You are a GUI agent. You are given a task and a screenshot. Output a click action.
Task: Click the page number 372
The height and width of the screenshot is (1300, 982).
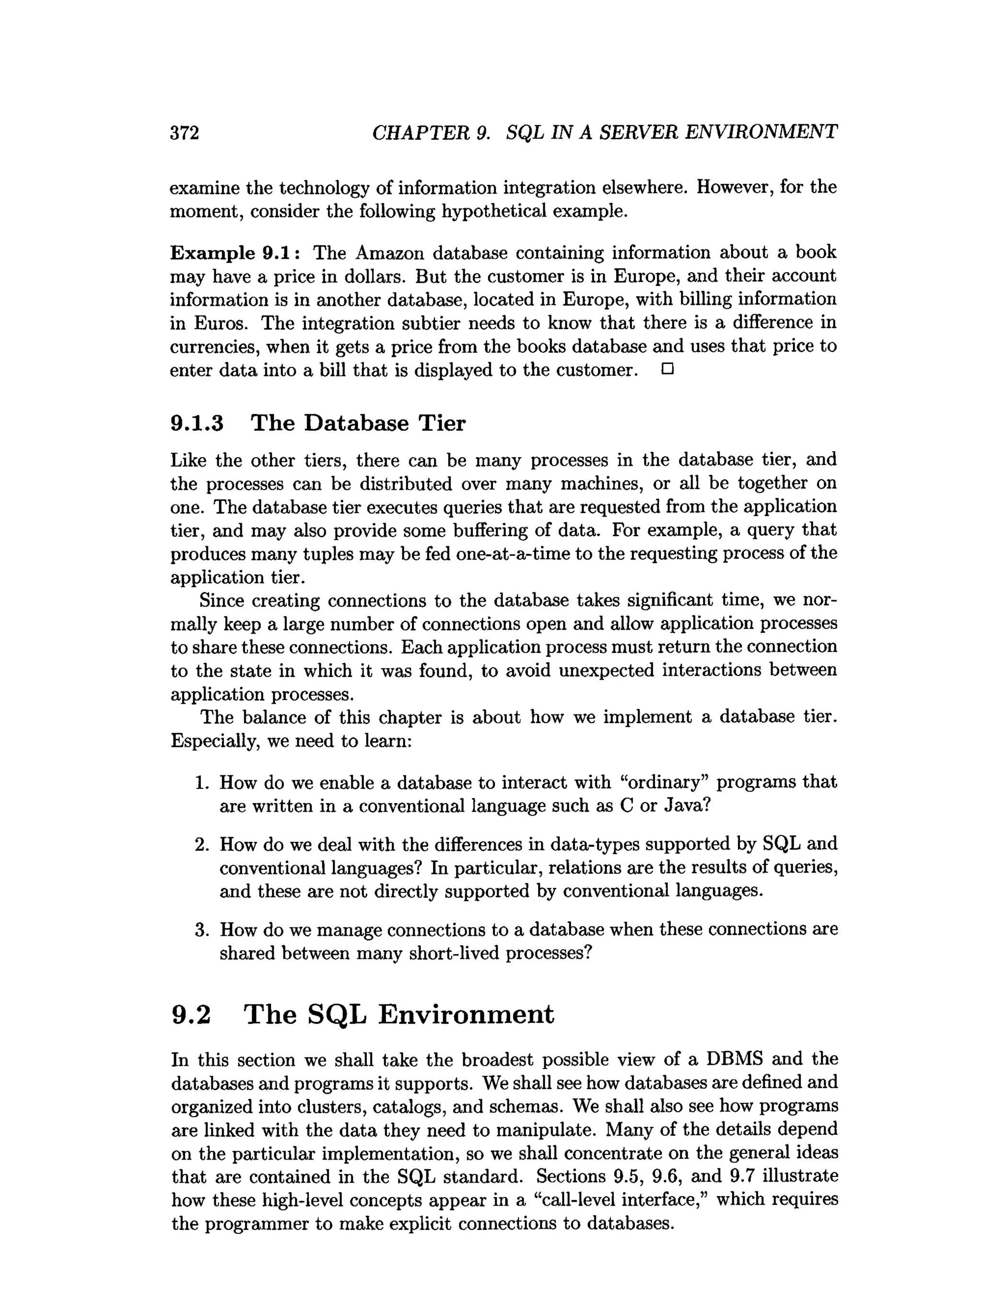185,133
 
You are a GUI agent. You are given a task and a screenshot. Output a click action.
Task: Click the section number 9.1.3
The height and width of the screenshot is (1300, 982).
197,423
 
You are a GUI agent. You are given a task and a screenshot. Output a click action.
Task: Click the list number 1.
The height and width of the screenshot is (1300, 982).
202,783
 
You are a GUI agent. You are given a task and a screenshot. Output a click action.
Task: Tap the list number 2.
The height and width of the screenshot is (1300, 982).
202,844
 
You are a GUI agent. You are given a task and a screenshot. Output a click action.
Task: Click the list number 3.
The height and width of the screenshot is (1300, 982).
202,930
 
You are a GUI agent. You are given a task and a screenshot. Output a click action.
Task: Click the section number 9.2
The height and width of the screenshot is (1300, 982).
190,1015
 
